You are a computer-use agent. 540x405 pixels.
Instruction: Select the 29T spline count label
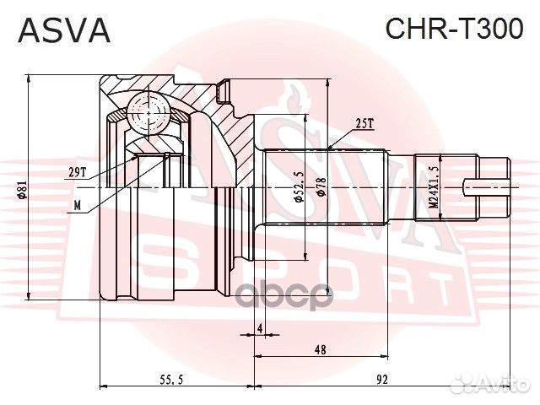(78, 172)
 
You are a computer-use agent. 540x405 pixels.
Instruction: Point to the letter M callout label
(77, 205)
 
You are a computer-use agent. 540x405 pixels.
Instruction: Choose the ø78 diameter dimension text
(321, 187)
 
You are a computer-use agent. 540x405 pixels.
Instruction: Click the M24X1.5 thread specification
(433, 186)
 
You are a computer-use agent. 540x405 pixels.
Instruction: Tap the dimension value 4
(260, 327)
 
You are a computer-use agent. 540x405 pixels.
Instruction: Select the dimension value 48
(321, 348)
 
